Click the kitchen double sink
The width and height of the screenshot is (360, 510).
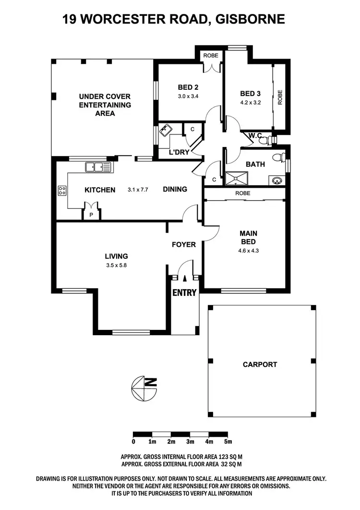98,167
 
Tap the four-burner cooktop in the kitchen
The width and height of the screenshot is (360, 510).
62,190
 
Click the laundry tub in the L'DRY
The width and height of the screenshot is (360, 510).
167,130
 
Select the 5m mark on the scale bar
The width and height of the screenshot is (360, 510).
228,441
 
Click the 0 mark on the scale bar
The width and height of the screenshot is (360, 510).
133,441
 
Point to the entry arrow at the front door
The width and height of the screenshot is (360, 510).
185,278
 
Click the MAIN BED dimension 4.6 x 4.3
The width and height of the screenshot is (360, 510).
248,250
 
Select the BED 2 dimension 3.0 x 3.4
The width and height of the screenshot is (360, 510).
188,96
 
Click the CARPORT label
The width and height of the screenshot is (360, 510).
260,364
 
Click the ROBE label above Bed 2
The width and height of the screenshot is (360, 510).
210,56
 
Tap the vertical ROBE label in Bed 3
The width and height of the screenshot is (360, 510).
280,98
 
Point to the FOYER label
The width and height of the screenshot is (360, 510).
184,244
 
